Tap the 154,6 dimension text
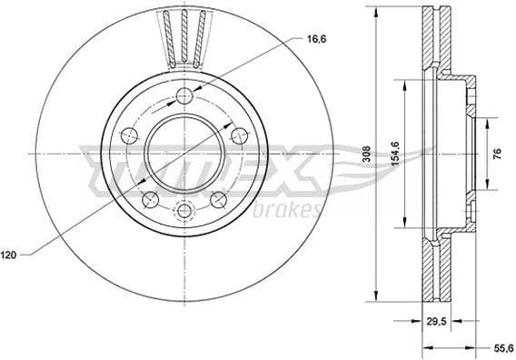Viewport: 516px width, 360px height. pos(394,153)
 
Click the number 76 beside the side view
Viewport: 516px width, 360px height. pos(497,154)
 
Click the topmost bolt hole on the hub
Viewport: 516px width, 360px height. pos(185,96)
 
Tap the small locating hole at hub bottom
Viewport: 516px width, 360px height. pos(185,211)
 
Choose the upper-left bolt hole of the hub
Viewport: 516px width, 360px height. pos(130,135)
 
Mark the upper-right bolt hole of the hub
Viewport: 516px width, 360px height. pos(240,135)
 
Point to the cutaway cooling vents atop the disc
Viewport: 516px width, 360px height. pos(184,35)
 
